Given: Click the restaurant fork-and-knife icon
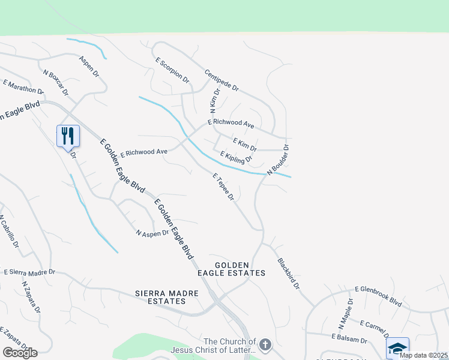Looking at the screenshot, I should [x=67, y=136].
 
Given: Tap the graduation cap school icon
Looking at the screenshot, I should [x=397, y=347].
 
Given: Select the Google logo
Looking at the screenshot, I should [x=20, y=353].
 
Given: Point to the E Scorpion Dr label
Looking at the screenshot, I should [x=172, y=71].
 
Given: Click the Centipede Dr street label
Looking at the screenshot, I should [x=221, y=80].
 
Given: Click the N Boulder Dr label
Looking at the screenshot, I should [x=279, y=160].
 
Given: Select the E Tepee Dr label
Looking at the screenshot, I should [x=224, y=187].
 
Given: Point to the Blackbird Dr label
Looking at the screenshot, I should [x=288, y=274].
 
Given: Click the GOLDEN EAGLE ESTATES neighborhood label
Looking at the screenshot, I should [x=240, y=269].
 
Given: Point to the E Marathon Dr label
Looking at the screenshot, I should [x=23, y=87].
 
